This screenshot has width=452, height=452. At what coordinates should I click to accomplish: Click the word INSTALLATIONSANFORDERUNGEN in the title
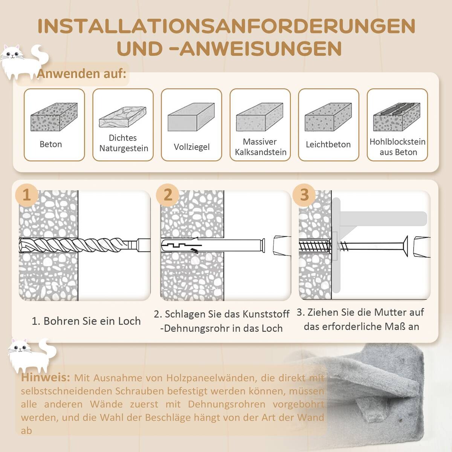[x=226, y=26]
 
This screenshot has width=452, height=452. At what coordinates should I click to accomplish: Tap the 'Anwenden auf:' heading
[x=81, y=74]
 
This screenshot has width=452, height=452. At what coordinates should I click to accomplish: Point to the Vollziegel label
[x=191, y=147]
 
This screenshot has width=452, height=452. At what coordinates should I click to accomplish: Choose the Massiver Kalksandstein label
[x=260, y=147]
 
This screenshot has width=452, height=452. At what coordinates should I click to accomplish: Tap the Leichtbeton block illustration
[x=328, y=117]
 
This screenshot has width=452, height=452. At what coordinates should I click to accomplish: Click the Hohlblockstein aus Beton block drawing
[x=397, y=117]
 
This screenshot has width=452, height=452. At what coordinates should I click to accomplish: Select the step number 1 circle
[x=26, y=195]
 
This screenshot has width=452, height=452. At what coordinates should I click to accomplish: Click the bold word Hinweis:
[x=46, y=377]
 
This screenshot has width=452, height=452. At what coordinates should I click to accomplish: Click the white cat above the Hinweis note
[x=31, y=353]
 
